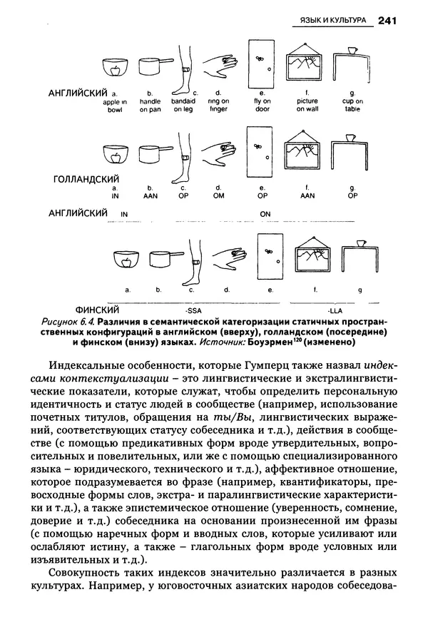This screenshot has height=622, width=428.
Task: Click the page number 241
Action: click(388, 21)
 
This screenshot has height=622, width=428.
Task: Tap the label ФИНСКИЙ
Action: click(96, 310)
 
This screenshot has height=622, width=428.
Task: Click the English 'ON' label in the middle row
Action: click(265, 213)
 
